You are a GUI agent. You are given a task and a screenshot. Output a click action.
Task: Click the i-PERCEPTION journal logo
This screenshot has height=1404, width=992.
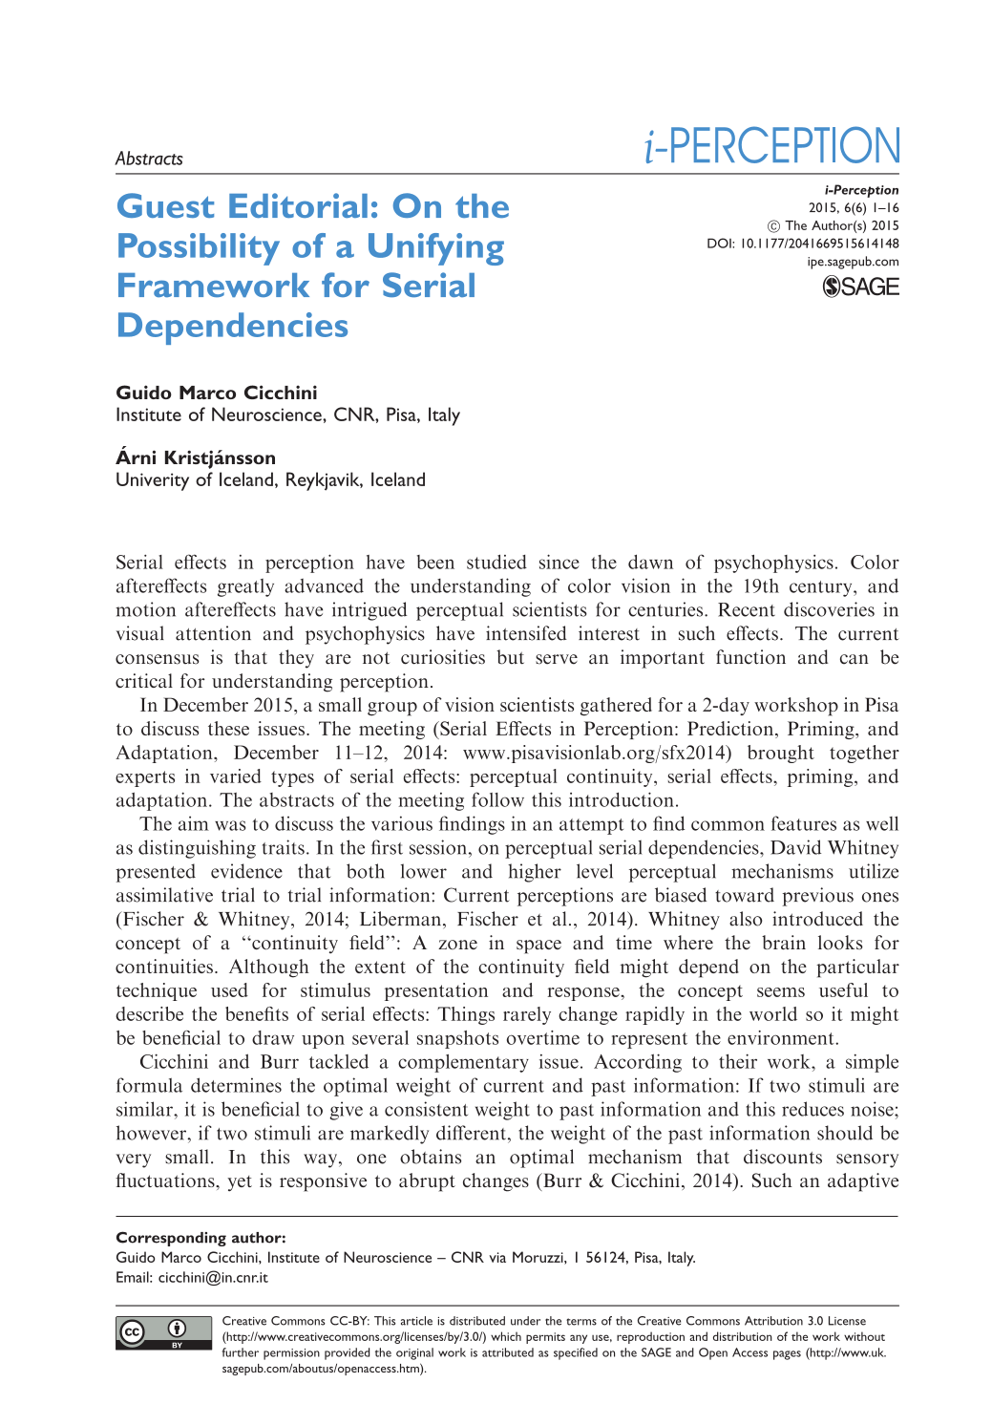click(771, 146)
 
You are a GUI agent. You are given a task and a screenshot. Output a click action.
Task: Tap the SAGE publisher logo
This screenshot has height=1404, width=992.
click(860, 287)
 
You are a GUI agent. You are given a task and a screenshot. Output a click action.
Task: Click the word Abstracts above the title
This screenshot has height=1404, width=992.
click(149, 159)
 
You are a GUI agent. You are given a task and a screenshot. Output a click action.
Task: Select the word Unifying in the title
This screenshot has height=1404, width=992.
click(435, 246)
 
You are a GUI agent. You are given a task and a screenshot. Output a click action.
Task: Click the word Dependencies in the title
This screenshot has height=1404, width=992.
click(232, 326)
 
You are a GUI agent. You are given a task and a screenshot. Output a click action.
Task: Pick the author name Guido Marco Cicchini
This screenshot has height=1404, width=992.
click(216, 393)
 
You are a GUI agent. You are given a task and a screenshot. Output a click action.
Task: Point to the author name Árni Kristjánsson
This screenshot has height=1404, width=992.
click(195, 457)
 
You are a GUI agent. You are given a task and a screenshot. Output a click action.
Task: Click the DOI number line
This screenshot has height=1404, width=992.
click(802, 244)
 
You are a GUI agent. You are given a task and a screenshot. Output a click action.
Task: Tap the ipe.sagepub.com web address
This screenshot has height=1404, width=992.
click(853, 262)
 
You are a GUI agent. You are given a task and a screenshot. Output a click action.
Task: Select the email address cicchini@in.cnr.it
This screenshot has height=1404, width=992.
click(213, 1277)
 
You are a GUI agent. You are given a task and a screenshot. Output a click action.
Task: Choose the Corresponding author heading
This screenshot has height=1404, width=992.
click(201, 1238)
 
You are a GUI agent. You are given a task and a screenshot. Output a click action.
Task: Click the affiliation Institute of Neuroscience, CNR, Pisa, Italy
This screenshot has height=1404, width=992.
click(287, 415)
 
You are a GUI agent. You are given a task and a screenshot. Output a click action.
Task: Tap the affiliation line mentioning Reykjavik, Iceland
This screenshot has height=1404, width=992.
click(270, 479)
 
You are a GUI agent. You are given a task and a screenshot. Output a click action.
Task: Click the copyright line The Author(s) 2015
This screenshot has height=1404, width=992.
click(834, 225)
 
